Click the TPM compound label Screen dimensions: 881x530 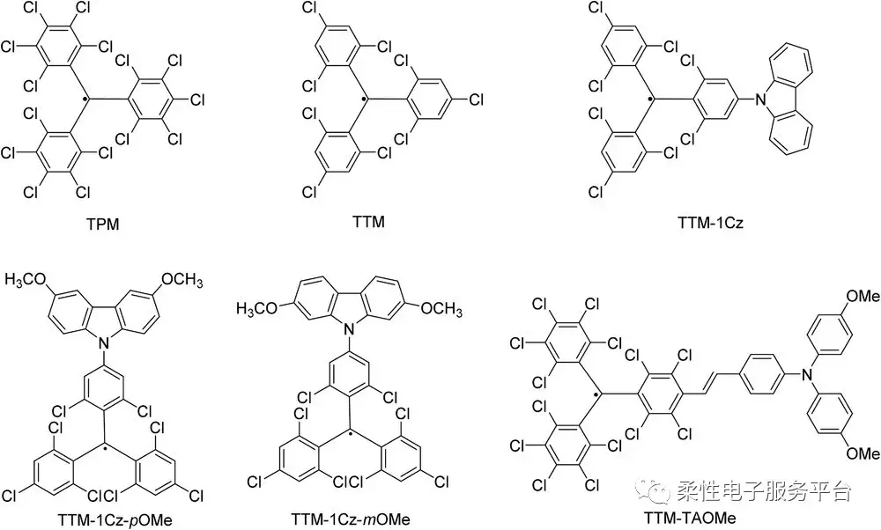click(x=104, y=225)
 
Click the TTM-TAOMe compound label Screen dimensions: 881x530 click(x=696, y=519)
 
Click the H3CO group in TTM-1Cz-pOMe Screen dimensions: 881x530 click(x=26, y=281)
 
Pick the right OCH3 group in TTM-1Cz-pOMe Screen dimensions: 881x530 click(x=182, y=281)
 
